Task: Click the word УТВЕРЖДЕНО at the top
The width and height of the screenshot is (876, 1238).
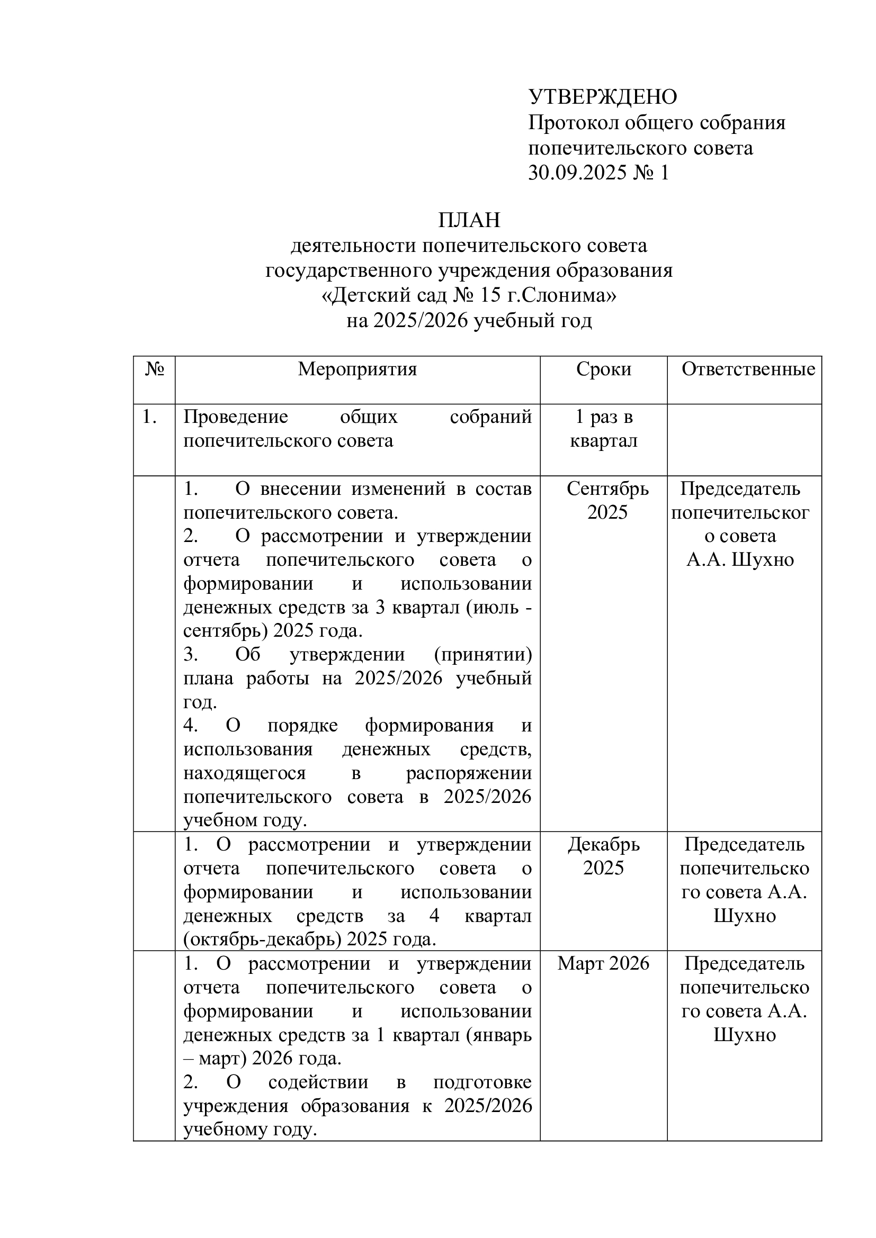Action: [603, 97]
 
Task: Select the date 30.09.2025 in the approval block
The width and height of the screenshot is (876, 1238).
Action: [577, 173]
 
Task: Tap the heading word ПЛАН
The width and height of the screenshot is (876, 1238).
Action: [469, 220]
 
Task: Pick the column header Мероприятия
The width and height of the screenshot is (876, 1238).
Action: [357, 369]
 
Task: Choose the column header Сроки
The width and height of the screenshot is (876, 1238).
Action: [603, 369]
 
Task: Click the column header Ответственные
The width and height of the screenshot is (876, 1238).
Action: [748, 369]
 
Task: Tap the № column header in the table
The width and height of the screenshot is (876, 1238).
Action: [154, 369]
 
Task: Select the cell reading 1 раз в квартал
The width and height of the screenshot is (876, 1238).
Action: [604, 429]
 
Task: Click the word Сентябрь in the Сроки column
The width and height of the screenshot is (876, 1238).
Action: [607, 489]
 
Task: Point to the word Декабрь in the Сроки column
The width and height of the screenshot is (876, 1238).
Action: [604, 844]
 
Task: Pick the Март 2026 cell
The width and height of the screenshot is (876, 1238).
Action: [603, 963]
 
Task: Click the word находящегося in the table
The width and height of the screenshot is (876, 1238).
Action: [244, 773]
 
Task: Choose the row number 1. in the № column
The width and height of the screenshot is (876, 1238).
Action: [149, 417]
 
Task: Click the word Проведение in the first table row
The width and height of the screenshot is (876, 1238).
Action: [236, 417]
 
